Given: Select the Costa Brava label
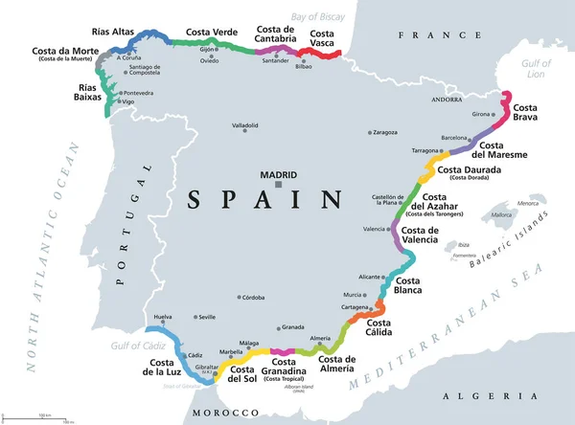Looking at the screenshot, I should pyautogui.click(x=529, y=114).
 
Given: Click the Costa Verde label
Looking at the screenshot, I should pyautogui.click(x=211, y=32).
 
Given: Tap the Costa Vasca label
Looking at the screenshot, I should pyautogui.click(x=329, y=39).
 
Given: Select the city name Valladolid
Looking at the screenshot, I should pyautogui.click(x=245, y=125).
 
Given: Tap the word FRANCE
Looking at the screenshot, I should pyautogui.click(x=425, y=34).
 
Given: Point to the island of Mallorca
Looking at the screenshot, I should pyautogui.click(x=504, y=215).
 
